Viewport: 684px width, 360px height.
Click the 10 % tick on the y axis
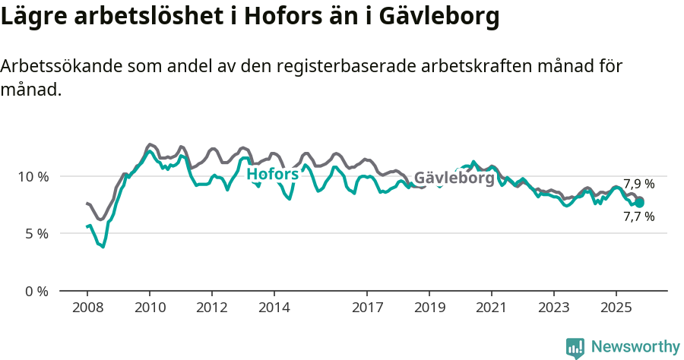pos(33,176)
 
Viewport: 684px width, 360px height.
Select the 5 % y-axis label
pos(36,234)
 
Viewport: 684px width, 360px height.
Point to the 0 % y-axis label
pos(36,291)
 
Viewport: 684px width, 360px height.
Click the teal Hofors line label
pos(272,175)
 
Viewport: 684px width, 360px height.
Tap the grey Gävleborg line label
pos(454,178)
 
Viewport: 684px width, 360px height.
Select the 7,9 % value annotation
pos(638,184)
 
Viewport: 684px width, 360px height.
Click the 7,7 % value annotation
pos(638,216)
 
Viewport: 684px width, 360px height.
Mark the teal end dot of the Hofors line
pos(640,203)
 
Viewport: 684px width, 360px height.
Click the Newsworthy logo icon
pos(575,348)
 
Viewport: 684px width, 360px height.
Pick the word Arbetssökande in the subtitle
pos(55,66)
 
